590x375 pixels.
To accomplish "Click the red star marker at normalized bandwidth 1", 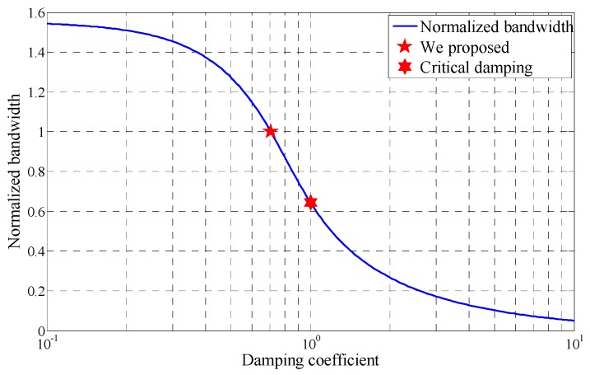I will [270, 131].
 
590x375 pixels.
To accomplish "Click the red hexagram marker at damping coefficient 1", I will [310, 202].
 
